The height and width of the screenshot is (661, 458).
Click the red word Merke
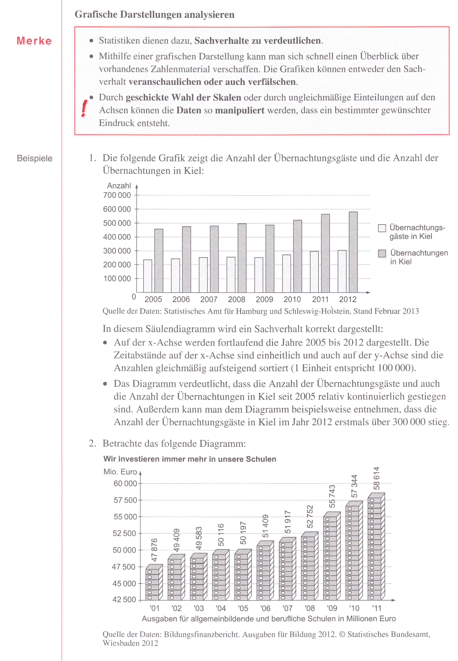[x=34, y=41]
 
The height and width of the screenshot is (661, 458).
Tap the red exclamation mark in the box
[x=84, y=108]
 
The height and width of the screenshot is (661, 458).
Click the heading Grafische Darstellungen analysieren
[x=154, y=15]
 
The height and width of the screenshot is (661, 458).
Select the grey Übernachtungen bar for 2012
[x=353, y=252]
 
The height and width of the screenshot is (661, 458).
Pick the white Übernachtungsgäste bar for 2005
[x=147, y=276]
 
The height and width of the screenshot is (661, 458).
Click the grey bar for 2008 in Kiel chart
[x=242, y=258]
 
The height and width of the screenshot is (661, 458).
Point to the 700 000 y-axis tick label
[x=117, y=195]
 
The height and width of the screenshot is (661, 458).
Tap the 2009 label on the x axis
[x=264, y=299]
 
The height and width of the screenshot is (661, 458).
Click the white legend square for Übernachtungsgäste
[x=382, y=228]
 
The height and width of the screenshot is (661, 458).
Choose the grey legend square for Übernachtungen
[x=382, y=254]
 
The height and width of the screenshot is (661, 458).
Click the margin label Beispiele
[x=35, y=158]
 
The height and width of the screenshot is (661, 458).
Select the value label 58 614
[x=376, y=478]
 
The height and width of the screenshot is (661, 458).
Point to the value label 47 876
[x=154, y=550]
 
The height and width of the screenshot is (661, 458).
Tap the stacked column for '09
[x=332, y=556]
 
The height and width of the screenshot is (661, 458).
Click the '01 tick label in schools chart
[x=155, y=608]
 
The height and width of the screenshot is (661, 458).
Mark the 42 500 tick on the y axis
[x=124, y=600]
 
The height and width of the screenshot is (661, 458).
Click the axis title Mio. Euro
[x=120, y=472]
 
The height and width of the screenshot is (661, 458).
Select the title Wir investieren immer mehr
[x=190, y=459]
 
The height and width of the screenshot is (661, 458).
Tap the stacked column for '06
[x=265, y=571]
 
